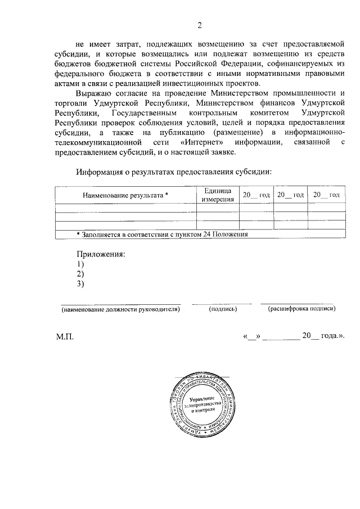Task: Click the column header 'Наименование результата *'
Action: click(125, 195)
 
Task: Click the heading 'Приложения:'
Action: click(101, 254)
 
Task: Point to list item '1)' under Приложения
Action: click(80, 264)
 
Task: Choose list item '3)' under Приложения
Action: click(80, 284)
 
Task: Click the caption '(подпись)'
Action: click(222, 309)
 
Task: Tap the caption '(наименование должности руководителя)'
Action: click(120, 309)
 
